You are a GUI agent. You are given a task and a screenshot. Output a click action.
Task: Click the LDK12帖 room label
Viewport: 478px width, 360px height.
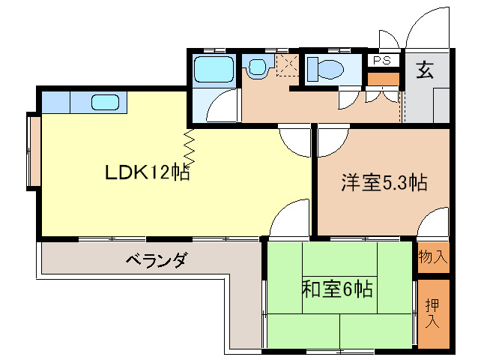coord(148,172)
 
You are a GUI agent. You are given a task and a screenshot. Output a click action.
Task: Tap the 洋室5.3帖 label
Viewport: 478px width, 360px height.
coord(384,182)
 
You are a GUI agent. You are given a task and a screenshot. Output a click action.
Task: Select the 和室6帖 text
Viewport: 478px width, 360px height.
coord(337,289)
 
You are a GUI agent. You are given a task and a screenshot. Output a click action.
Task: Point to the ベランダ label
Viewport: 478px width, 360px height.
coord(156,260)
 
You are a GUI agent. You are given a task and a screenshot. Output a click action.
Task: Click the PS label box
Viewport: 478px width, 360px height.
coord(383,60)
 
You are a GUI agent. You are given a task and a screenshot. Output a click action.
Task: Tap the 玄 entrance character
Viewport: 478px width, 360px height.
coord(425,70)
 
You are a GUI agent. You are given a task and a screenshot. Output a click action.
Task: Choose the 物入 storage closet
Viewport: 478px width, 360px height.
coord(433,257)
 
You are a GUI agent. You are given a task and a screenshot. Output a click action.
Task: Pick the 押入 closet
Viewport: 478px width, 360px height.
coord(433,313)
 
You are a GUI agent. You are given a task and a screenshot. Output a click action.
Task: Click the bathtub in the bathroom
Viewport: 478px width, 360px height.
coord(214,69)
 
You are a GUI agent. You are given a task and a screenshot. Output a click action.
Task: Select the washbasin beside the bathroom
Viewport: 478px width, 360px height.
coord(258,67)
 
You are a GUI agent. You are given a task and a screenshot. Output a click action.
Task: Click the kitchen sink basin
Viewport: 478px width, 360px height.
coord(105,102)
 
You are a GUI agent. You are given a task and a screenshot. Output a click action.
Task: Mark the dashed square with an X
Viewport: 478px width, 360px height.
coord(287,65)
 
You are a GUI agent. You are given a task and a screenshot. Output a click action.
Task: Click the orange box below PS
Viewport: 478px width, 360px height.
coord(383,79)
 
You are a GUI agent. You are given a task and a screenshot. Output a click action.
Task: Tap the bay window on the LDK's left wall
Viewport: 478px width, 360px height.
coord(34,151)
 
